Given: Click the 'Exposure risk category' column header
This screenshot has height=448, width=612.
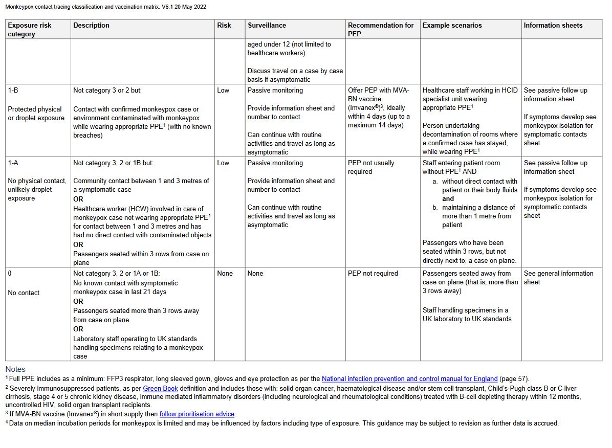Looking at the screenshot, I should [x=30, y=30].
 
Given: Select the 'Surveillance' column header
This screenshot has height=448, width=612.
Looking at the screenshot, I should [x=267, y=25].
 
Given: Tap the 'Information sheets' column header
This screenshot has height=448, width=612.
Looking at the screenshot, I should [x=553, y=25].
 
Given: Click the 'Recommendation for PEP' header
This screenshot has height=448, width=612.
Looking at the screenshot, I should [x=381, y=30].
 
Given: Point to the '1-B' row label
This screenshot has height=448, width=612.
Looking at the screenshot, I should [x=14, y=90].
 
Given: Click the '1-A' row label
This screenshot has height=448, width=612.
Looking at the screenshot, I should [x=14, y=163].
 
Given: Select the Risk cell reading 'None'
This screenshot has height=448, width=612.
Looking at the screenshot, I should [x=225, y=273].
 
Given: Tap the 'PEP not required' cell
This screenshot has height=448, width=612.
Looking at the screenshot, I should [x=373, y=273].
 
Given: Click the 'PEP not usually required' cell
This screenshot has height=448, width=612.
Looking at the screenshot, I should [x=371, y=167].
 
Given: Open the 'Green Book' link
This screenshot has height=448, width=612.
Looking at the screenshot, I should [x=160, y=389].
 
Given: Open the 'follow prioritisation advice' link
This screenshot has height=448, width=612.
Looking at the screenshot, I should [x=197, y=414].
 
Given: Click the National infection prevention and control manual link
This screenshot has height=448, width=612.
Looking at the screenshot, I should [x=409, y=379].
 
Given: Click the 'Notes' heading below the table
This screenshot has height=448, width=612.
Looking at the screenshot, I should [x=15, y=369].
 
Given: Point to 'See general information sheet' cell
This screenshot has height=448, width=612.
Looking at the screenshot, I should [x=558, y=278].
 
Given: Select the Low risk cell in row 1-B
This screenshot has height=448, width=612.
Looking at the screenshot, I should [x=223, y=90].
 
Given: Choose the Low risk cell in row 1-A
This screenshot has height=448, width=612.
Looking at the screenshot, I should [x=223, y=163].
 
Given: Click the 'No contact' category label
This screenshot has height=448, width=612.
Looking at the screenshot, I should [x=24, y=293].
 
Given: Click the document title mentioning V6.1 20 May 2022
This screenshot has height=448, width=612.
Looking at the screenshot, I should [x=106, y=7].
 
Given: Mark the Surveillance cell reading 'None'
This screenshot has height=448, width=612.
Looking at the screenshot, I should [x=255, y=273].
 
